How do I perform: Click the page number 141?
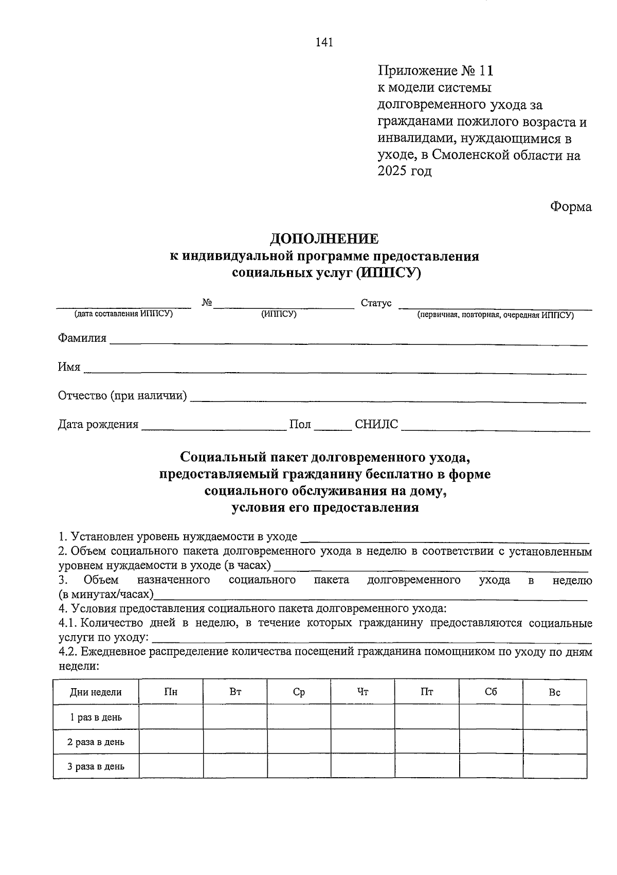(x=324, y=43)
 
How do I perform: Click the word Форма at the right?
(x=571, y=207)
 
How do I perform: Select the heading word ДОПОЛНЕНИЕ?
(x=324, y=239)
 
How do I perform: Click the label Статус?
(x=376, y=303)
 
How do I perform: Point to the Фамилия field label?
(x=82, y=338)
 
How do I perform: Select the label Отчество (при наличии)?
(x=122, y=396)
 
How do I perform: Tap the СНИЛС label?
(x=376, y=425)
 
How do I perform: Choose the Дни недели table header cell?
(x=96, y=692)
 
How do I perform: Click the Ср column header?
(x=299, y=692)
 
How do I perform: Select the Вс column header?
(x=554, y=692)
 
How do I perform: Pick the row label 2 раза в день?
(x=96, y=742)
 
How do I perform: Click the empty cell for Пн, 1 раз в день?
(x=171, y=717)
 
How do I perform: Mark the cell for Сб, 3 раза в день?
(x=491, y=766)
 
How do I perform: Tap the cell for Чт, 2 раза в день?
(x=362, y=742)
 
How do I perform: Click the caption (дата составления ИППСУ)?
(x=123, y=314)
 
